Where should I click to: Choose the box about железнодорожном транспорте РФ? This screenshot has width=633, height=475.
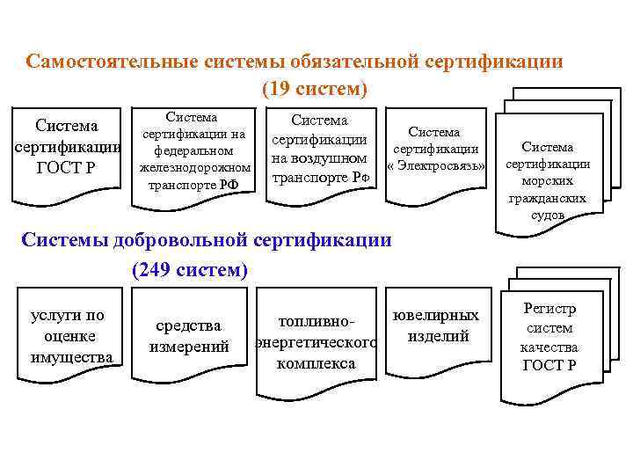193,152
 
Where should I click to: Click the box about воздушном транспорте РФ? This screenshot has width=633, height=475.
320,149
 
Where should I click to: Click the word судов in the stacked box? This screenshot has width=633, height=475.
547,215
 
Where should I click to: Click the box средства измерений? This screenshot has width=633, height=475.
191,337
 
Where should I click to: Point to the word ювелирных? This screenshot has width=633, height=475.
436,315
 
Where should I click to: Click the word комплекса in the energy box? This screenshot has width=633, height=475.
316,362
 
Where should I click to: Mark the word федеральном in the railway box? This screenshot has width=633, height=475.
193,150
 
